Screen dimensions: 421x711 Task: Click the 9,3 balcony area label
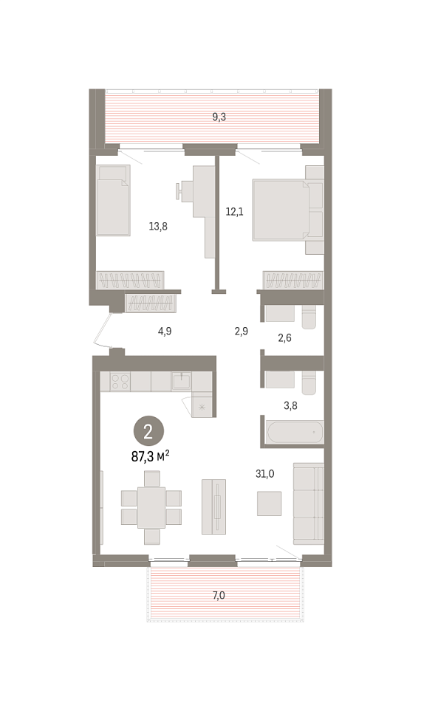[x=219, y=117]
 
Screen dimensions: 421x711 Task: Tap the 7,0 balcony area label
[x=219, y=595]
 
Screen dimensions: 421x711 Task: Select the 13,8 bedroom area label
[x=158, y=226]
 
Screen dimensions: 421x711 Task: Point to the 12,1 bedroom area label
[x=235, y=211]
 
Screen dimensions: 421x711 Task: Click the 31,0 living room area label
[x=265, y=474]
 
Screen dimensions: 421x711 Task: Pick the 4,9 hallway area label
[x=165, y=331]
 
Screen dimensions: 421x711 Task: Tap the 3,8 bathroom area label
[x=290, y=405]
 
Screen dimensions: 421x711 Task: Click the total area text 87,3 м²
[x=150, y=456]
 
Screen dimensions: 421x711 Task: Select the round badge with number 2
[x=148, y=433]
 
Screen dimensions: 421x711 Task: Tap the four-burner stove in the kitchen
[x=120, y=382]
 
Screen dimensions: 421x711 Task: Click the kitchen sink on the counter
[x=182, y=382]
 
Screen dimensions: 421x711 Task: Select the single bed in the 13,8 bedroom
[x=114, y=200]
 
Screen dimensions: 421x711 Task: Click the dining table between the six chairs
[x=151, y=507]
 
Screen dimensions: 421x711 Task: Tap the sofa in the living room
[x=309, y=504]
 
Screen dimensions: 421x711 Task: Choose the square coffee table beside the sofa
[x=269, y=504]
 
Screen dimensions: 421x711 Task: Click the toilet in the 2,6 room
[x=309, y=317]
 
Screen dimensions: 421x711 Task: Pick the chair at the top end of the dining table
[x=152, y=478]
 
